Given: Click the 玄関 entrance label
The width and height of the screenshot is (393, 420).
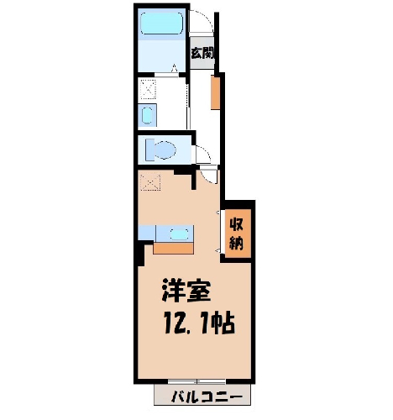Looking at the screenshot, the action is point(202,53).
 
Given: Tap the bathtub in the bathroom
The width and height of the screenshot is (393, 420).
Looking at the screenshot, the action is point(161,24).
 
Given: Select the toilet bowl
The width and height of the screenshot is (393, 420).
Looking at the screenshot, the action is point(165,150).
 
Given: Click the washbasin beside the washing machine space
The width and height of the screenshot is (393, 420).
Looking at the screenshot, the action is point(147,116).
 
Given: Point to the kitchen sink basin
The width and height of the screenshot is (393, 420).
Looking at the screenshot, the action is point(179,234).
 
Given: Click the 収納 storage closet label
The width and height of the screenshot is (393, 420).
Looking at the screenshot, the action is point(237,234).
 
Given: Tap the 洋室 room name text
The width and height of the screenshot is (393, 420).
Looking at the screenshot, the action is point(186,291).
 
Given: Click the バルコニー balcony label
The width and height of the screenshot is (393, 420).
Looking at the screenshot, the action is point(207,396).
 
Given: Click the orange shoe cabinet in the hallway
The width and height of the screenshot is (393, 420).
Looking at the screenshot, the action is point(215,92).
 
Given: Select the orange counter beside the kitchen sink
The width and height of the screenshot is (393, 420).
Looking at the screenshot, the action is point(173,249).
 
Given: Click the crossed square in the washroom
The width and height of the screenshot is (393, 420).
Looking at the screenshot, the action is point(148,89).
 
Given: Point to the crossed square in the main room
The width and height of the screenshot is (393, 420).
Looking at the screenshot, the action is point(150,182).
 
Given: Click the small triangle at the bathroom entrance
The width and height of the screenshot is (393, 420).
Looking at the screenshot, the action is point(175,67).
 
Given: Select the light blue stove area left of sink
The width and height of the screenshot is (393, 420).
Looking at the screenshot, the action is point(147,233).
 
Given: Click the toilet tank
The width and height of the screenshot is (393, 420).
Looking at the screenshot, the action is point(150,150).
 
